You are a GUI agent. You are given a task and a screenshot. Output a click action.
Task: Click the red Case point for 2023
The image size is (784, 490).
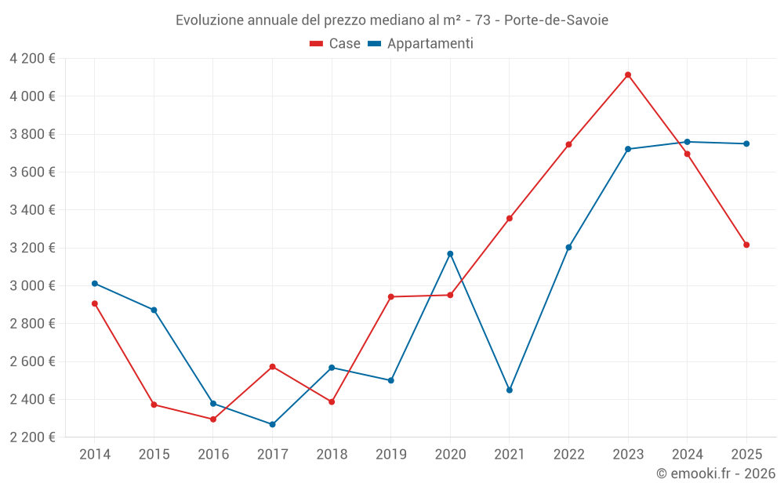[x=628, y=74]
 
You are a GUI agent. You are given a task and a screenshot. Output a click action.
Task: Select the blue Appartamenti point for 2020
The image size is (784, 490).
[x=450, y=254]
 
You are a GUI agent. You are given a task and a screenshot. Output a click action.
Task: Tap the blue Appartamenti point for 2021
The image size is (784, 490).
[x=510, y=390]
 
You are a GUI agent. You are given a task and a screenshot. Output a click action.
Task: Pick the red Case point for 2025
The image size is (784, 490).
[x=746, y=245]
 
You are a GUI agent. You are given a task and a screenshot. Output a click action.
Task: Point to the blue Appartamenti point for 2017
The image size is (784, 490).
[x=272, y=424]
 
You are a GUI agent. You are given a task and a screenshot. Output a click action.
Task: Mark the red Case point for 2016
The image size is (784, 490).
[x=213, y=419]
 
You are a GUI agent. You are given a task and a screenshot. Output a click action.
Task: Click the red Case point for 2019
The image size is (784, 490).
[x=391, y=296]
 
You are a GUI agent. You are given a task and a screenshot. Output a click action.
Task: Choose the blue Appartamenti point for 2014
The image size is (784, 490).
[x=95, y=283]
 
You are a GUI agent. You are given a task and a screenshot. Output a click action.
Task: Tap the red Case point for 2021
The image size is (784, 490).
[x=510, y=218]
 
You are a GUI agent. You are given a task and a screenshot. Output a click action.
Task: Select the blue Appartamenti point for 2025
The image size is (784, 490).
[x=746, y=143]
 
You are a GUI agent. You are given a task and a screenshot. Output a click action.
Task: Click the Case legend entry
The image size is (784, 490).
[x=336, y=44]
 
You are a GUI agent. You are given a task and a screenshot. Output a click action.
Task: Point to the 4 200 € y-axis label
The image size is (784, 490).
[x=32, y=59]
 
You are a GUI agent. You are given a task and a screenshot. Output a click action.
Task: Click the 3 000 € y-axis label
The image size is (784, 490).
[x=32, y=285]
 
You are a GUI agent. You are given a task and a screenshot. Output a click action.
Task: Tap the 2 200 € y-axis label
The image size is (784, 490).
[x=32, y=437]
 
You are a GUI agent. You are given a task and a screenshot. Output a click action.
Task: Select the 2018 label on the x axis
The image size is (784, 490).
[x=332, y=454]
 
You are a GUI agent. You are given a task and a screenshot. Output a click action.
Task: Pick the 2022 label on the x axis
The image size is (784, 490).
[x=568, y=454]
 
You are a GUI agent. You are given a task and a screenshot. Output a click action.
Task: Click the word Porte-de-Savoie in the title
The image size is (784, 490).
[x=556, y=20]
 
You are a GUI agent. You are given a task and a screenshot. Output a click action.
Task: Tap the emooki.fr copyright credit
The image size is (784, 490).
[x=715, y=474]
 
